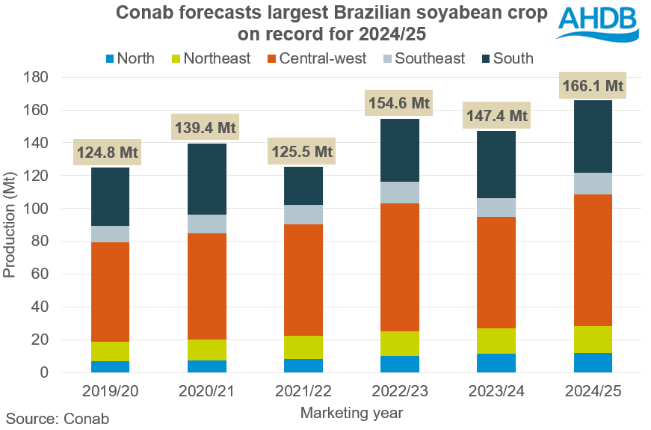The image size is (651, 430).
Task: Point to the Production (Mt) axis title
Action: point(10,224)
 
